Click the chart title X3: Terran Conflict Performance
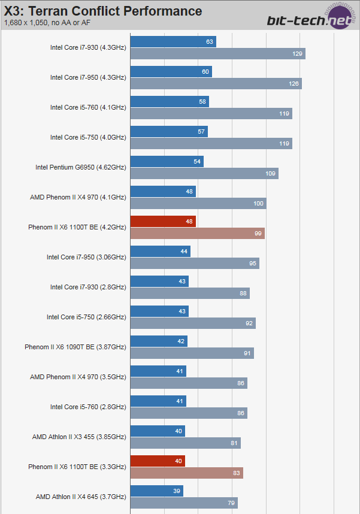coord(103,11)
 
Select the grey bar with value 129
coord(217,54)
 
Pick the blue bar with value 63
coord(173,42)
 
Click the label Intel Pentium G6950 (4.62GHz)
coord(81,167)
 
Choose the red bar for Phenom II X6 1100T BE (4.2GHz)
coord(163,222)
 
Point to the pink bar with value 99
coord(197,234)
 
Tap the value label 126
coord(294,84)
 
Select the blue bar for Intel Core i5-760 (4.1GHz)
coord(169,102)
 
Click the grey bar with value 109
coord(204,174)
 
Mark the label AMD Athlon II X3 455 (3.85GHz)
coord(79,437)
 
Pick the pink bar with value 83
coord(186,473)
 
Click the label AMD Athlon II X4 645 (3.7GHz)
coord(81,497)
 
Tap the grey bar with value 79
coord(183,503)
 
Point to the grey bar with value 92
coord(192,323)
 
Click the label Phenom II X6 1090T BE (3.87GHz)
coord(75,347)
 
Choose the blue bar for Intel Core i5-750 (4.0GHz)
coord(168,132)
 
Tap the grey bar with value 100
coord(198,204)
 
